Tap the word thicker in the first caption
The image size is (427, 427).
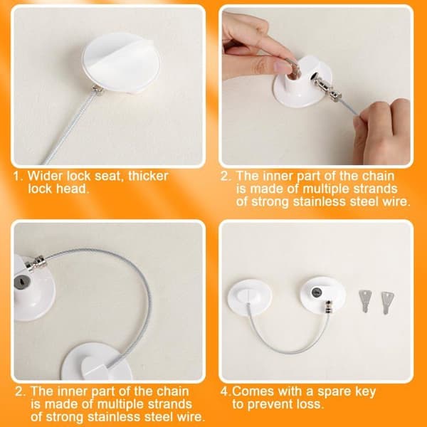[x=148, y=176]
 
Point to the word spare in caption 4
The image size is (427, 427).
[x=334, y=392]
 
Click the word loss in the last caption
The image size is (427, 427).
[x=310, y=404]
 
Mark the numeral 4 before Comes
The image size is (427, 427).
[x=224, y=392]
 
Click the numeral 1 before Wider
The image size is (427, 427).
[x=17, y=176]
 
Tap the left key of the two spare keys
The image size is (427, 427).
[x=365, y=301]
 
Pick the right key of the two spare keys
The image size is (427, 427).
[x=387, y=302]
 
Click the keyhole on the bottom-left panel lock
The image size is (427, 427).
[x=21, y=282]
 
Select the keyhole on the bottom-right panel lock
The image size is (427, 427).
[x=317, y=292]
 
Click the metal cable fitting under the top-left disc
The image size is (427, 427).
[x=97, y=90]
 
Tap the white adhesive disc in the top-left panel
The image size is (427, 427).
[x=121, y=63]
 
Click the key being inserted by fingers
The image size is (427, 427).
[x=292, y=68]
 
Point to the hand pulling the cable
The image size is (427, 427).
[x=382, y=131]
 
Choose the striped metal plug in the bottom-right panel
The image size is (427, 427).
[x=329, y=308]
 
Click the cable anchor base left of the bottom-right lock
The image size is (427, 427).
[x=250, y=297]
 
